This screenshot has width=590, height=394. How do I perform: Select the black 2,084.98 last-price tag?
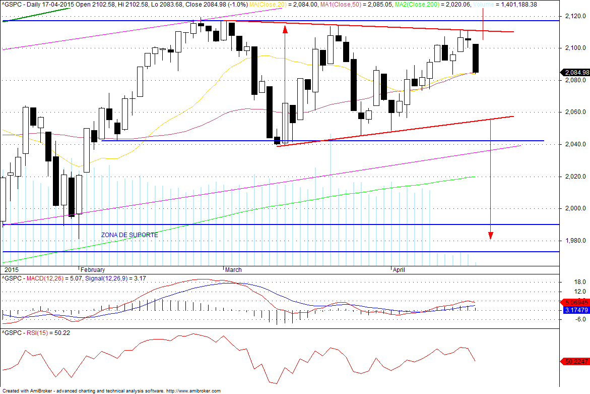[575, 72]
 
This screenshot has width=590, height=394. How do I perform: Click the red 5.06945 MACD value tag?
[574, 302]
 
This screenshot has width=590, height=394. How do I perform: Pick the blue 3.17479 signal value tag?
[574, 310]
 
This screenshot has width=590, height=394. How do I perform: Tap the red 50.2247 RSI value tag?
[574, 361]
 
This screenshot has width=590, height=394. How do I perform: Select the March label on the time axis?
[233, 269]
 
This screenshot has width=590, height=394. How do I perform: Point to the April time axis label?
[399, 269]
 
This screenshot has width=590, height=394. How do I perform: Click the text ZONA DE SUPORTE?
[129, 235]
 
